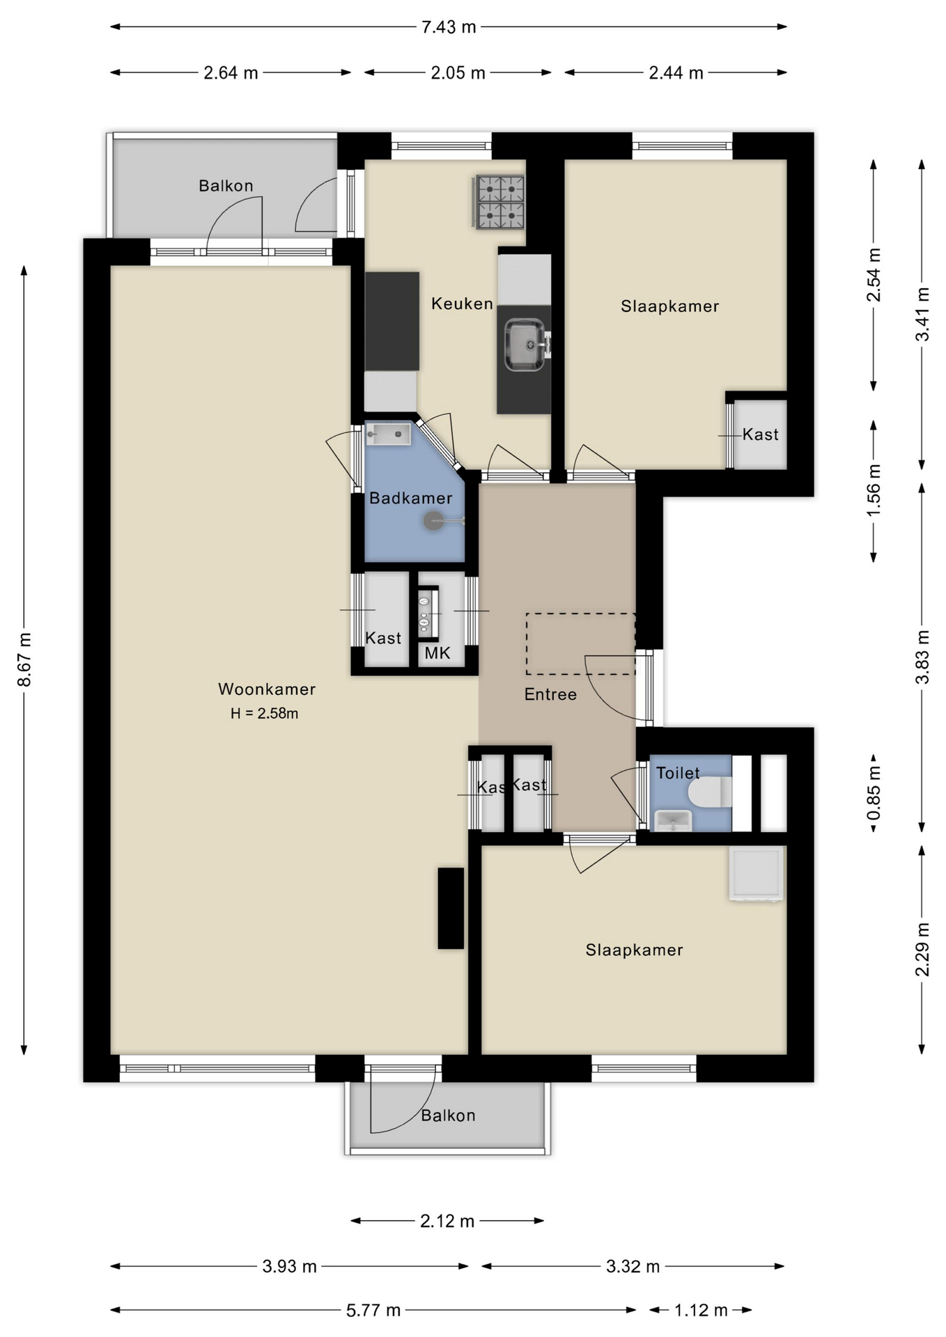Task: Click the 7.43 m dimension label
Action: (x=449, y=27)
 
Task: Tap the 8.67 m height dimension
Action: (x=24, y=659)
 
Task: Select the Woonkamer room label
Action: (x=267, y=689)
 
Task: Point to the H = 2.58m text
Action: (x=265, y=713)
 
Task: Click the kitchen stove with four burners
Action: (x=499, y=202)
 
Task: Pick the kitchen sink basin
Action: (x=525, y=345)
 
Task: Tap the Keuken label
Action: (x=462, y=304)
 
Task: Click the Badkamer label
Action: (x=411, y=498)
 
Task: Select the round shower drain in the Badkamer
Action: (x=434, y=521)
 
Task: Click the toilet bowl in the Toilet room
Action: (x=710, y=792)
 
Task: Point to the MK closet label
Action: (x=437, y=653)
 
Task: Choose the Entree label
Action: (x=550, y=694)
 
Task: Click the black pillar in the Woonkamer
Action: (x=451, y=908)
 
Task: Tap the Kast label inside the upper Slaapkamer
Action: (x=760, y=435)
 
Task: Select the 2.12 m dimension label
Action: (x=447, y=1221)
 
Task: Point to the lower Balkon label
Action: (x=448, y=1116)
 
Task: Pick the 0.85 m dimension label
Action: (x=874, y=793)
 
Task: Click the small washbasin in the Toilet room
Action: (x=673, y=821)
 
